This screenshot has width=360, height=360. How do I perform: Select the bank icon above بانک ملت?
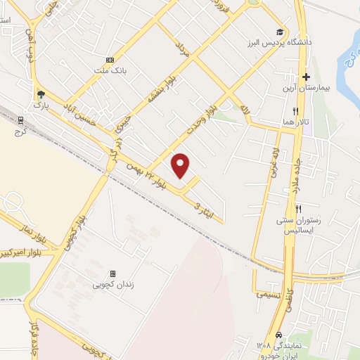(109, 60)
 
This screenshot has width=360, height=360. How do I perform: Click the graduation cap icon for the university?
(280, 32)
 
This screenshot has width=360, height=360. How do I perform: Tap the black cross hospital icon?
(306, 76)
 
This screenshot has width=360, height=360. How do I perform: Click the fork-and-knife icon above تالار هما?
(295, 111)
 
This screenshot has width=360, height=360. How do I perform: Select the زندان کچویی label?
(112, 285)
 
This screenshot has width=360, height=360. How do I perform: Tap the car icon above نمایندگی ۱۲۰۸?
(280, 335)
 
